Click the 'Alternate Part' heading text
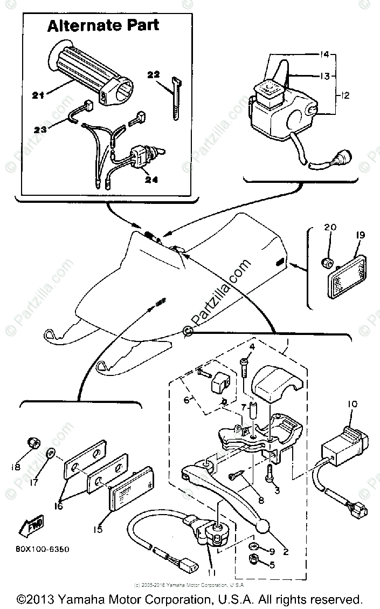[103, 25]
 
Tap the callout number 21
[37, 95]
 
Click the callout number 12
[345, 96]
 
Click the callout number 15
[97, 530]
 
